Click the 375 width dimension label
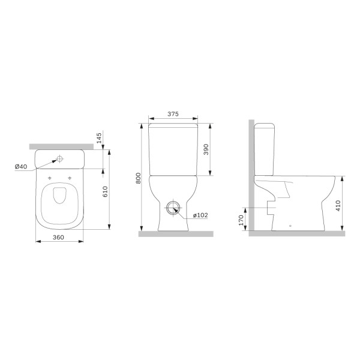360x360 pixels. click(173, 114)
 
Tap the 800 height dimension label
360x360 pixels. click(138, 178)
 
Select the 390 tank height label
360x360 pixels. click(206, 149)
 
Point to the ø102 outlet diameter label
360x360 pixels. click(200, 215)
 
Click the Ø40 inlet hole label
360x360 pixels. click(21, 166)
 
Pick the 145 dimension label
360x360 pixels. click(99, 138)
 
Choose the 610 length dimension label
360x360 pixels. click(105, 191)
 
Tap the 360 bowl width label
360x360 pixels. click(58, 237)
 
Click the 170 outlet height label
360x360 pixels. click(241, 220)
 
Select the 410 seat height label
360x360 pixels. click(338, 206)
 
